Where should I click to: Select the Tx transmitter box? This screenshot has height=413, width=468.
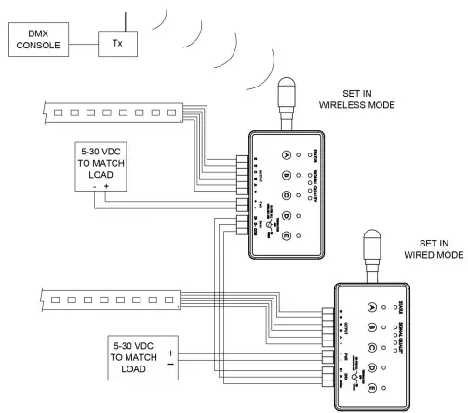(x=117, y=43)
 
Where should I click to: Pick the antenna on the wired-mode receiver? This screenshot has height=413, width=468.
(x=374, y=247)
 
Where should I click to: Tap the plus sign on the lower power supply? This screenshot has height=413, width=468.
(x=170, y=353)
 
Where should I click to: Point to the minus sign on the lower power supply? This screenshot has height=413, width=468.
(x=170, y=366)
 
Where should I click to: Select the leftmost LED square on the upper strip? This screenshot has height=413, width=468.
(x=60, y=113)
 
